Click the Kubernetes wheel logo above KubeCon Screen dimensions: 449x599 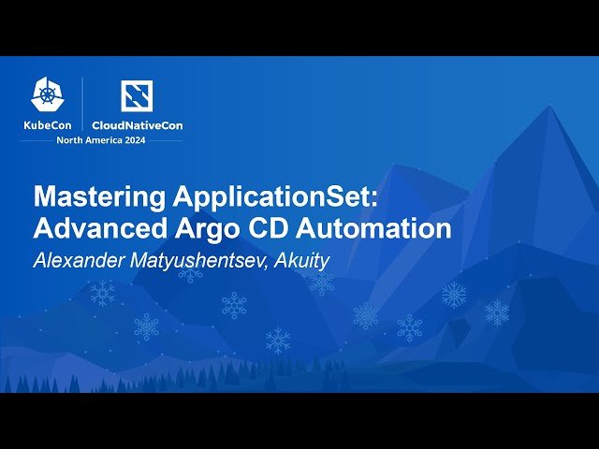coord(48,94)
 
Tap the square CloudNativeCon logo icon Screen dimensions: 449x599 coord(137,94)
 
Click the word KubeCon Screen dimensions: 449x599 coord(48,124)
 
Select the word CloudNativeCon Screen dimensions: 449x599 coord(137,124)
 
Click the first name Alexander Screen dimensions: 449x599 coord(76,260)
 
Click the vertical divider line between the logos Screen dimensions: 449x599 coord(82,104)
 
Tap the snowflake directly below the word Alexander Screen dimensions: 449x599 coord(102,293)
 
